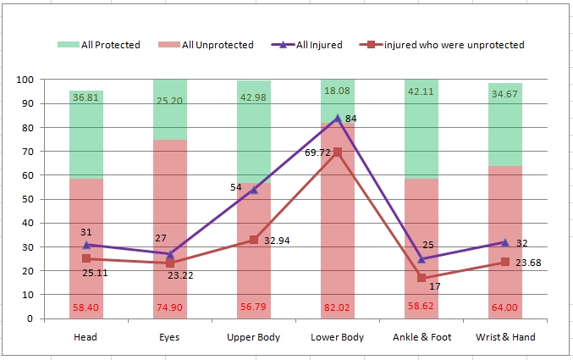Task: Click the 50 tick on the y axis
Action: (x=26, y=200)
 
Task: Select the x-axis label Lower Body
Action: (x=338, y=337)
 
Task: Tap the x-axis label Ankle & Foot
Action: (x=421, y=337)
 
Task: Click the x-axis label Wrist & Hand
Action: (x=505, y=337)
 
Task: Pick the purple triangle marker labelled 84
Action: (x=338, y=119)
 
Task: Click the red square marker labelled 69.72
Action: (x=338, y=152)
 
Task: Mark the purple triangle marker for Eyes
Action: (x=170, y=254)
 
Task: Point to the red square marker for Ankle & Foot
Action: (x=421, y=278)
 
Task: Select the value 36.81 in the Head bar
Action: (x=86, y=97)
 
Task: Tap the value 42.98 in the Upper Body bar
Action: (x=254, y=97)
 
